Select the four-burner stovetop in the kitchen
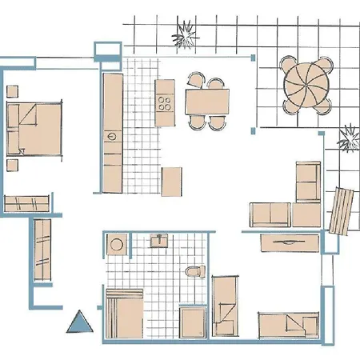[166, 102]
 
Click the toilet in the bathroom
[192, 272]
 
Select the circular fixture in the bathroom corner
[117, 245]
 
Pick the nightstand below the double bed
[12, 165]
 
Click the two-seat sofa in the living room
[270, 214]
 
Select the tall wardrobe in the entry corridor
[42, 250]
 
